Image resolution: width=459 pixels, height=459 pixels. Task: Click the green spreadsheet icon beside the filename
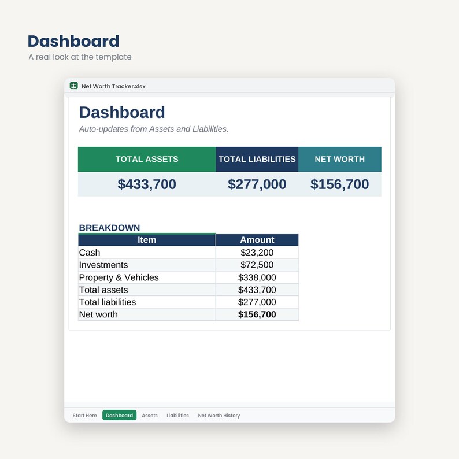click(x=74, y=86)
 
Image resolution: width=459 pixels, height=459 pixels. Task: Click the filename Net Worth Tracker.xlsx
click(x=113, y=86)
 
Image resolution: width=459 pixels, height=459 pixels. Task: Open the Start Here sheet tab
click(x=84, y=416)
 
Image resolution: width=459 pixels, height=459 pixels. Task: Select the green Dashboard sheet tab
click(x=120, y=415)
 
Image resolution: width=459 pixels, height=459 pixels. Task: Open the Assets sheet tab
click(x=150, y=416)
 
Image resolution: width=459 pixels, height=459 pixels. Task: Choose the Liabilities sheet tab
click(x=177, y=416)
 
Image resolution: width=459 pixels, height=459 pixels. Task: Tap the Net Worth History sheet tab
click(x=219, y=416)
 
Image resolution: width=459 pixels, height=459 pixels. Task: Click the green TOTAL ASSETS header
click(x=147, y=159)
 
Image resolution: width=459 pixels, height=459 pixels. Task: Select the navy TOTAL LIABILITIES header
click(x=257, y=159)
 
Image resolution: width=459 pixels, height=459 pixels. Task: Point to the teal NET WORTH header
click(x=340, y=159)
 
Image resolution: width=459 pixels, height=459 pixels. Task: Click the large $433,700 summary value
click(x=147, y=184)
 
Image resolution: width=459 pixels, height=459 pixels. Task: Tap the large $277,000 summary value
click(x=257, y=184)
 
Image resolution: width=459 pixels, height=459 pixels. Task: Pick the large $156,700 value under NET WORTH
click(x=339, y=184)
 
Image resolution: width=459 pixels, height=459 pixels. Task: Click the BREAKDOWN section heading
click(x=109, y=228)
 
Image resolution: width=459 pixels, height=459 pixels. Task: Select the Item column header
click(x=147, y=240)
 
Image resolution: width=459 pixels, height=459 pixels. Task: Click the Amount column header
click(x=257, y=240)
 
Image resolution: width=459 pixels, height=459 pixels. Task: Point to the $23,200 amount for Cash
click(x=257, y=252)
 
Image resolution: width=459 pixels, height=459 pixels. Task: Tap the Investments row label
click(x=103, y=265)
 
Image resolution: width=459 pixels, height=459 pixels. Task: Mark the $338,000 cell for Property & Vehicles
click(x=257, y=277)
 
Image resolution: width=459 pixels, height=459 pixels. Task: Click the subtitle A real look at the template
click(x=80, y=57)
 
